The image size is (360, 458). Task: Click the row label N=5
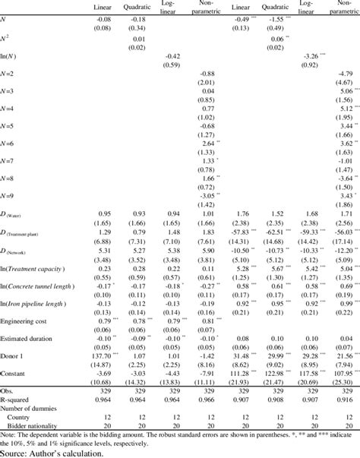(x=10, y=126)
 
